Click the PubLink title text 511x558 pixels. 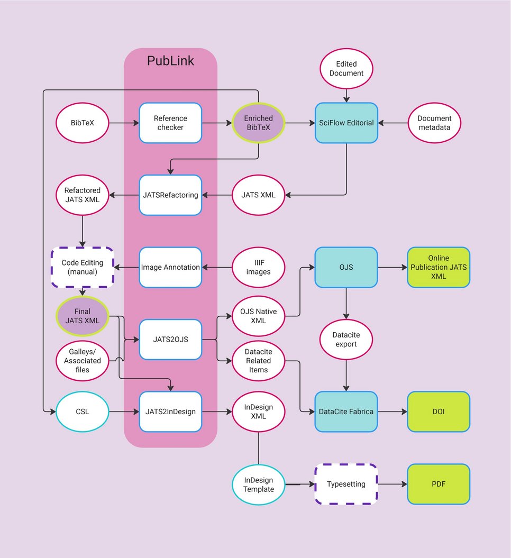pyautogui.click(x=170, y=61)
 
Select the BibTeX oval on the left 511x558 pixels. pyautogui.click(x=83, y=123)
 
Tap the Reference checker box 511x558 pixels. pyautogui.click(x=170, y=123)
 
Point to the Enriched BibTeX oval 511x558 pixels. pyautogui.click(x=258, y=123)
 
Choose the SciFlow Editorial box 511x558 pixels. pyautogui.click(x=346, y=123)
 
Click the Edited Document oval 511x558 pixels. pyautogui.click(x=346, y=69)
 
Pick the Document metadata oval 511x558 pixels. pyautogui.click(x=434, y=123)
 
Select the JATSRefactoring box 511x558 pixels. pyautogui.click(x=170, y=195)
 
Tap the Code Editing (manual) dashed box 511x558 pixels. pyautogui.click(x=83, y=267)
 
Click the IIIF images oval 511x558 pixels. pyautogui.click(x=258, y=267)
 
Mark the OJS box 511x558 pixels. pyautogui.click(x=346, y=267)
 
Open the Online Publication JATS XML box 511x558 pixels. pyautogui.click(x=439, y=267)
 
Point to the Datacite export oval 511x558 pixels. pyautogui.click(x=346, y=340)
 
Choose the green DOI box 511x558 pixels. pyautogui.click(x=439, y=411)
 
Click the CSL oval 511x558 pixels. pyautogui.click(x=83, y=411)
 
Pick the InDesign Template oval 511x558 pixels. pyautogui.click(x=258, y=484)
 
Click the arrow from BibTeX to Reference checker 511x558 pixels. pyautogui.click(x=124, y=123)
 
